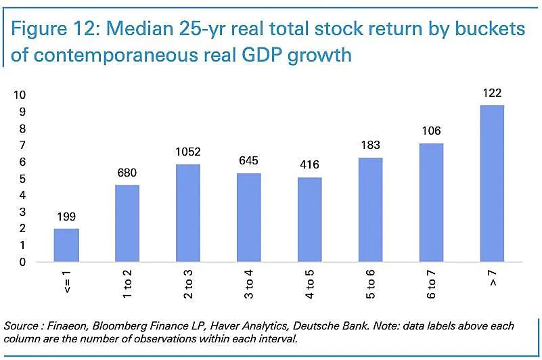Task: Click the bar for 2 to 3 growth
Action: pos(188,213)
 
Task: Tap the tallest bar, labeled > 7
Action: pos(491,183)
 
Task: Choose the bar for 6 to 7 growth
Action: pos(431,202)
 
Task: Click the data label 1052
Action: pos(188,152)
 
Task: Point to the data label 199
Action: pos(67,217)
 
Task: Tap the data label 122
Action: pos(491,93)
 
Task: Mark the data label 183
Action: pos(370,145)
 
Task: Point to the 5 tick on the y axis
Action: pos(22,179)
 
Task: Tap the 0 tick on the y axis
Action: pos(22,263)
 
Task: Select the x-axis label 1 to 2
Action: pos(128,285)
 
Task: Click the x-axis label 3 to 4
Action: pos(249,285)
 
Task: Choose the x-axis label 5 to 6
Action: pos(370,285)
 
